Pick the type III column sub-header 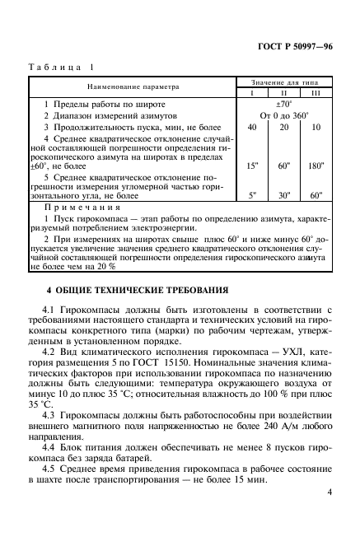[x=316, y=94]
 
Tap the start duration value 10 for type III [x=316, y=128]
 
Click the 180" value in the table [x=316, y=166]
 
